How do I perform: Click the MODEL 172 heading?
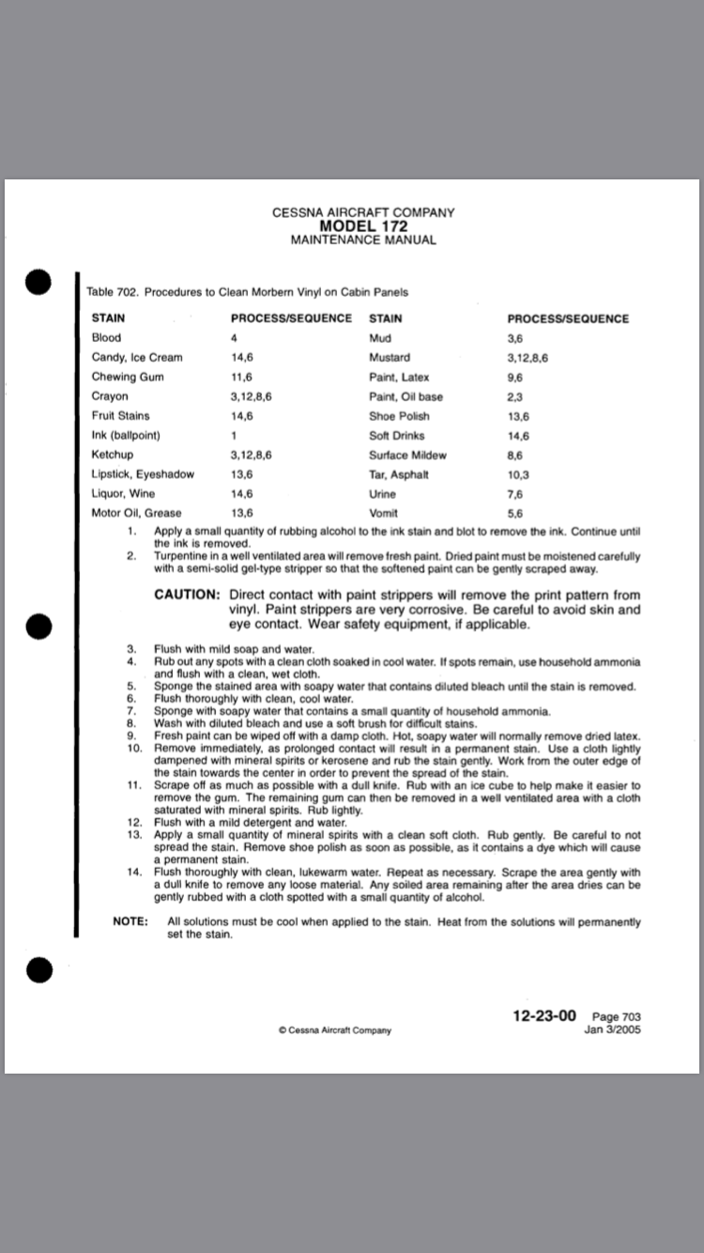(363, 226)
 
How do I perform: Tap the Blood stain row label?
(106, 337)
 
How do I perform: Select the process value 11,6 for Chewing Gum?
(243, 377)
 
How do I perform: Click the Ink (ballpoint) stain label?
(126, 435)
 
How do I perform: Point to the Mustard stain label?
(390, 357)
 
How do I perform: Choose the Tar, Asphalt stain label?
(399, 474)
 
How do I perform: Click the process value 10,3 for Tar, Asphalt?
(517, 474)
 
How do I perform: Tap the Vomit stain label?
(384, 514)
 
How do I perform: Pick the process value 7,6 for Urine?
(514, 494)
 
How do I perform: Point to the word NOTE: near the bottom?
(130, 921)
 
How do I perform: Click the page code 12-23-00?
(544, 1015)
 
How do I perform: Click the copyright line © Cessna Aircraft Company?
(335, 1029)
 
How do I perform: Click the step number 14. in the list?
(132, 872)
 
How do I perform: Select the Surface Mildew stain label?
(407, 455)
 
